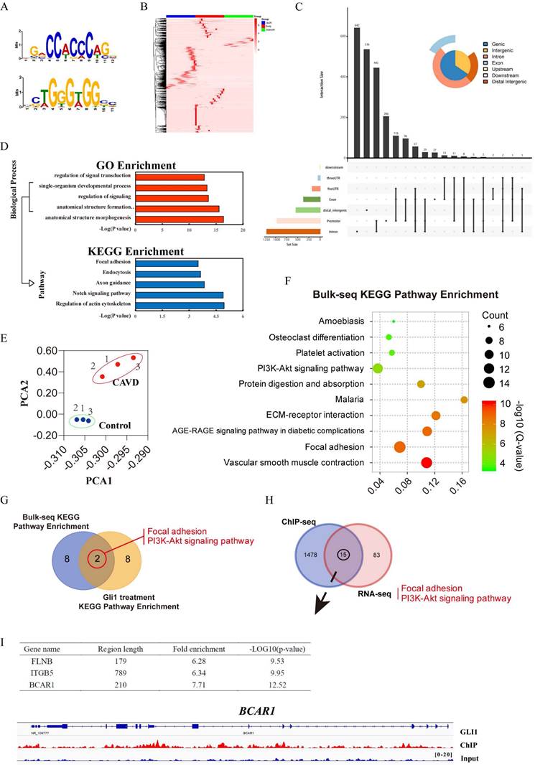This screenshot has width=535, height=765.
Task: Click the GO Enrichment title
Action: pos(190,165)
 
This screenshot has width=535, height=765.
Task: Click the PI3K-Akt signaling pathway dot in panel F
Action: pos(378,369)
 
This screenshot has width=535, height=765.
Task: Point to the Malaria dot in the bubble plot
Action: pos(464,400)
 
